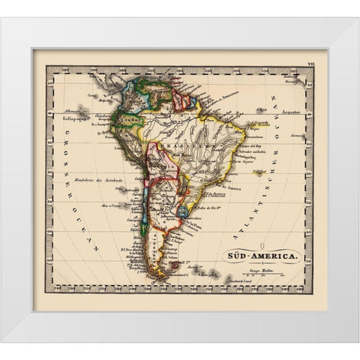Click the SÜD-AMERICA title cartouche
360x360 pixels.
(x=264, y=256)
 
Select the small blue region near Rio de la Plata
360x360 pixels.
(x=184, y=212)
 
